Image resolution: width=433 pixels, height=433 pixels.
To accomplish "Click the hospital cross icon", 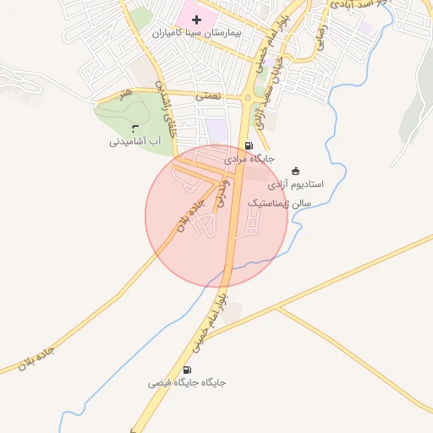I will coord(197,19).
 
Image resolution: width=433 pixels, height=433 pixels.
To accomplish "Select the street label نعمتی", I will coord(208,96).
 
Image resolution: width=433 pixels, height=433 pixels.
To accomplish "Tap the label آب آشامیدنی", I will coord(134,141).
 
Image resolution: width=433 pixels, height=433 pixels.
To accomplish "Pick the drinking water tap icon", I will coord(135,127).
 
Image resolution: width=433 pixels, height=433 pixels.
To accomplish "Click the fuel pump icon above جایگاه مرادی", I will coord(247,145).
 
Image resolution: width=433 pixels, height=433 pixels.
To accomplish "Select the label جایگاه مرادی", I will coord(250,158).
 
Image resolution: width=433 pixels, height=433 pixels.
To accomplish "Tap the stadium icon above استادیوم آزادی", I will coord(295,171).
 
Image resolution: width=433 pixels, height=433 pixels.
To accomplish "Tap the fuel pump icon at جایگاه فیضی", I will coord(187,370).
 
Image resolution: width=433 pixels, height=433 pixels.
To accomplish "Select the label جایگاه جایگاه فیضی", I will coord(188,382).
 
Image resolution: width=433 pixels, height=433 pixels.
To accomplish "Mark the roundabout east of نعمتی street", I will coord(247,99).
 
